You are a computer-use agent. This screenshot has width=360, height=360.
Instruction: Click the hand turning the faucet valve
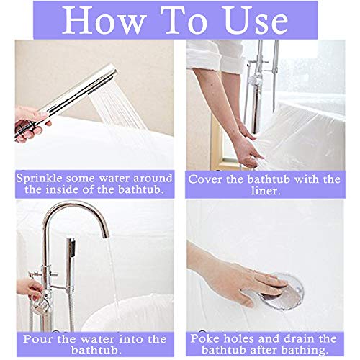point(29,288)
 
